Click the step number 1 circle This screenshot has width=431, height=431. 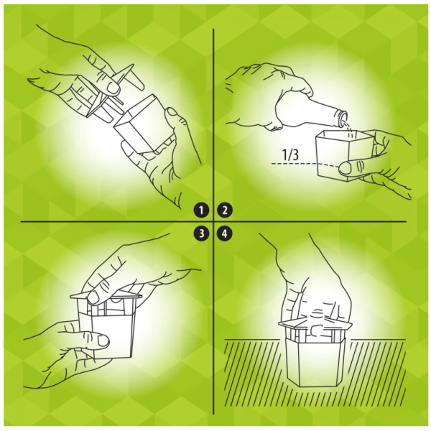(x=201, y=210)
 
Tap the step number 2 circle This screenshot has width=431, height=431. (x=225, y=210)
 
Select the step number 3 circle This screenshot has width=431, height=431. (x=201, y=233)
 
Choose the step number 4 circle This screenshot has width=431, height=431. (x=225, y=233)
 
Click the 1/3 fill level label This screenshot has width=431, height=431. (x=290, y=155)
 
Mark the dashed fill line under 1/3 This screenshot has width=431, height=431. (x=305, y=164)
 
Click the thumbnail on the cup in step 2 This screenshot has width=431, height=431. (x=346, y=168)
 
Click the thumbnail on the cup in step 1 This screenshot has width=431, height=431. (x=172, y=112)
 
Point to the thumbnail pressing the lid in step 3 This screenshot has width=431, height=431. (x=93, y=297)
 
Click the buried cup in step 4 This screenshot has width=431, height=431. (x=315, y=363)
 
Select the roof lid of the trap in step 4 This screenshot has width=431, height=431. (x=315, y=324)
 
